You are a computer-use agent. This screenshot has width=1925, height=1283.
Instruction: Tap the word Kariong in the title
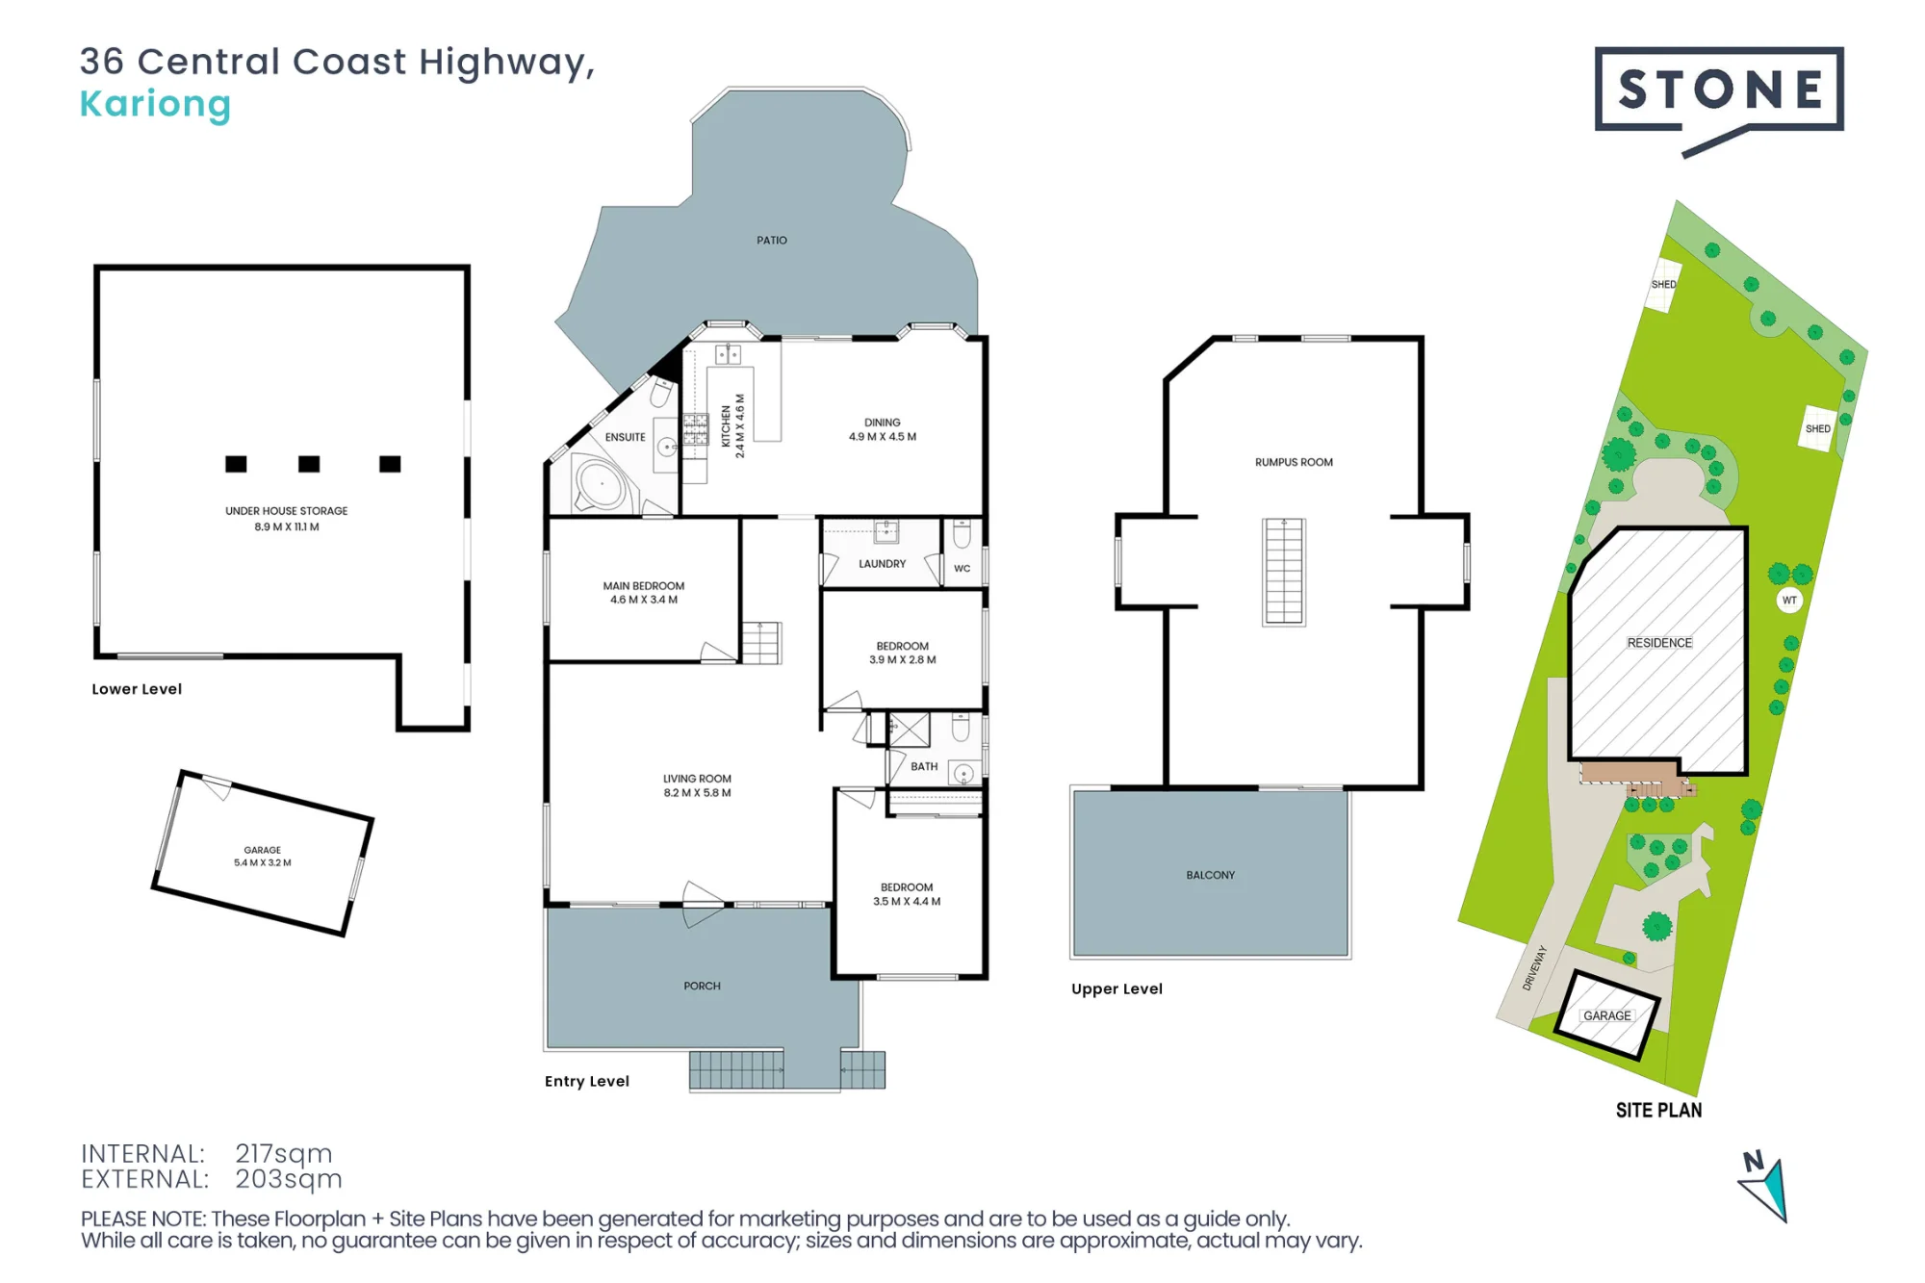pos(155,104)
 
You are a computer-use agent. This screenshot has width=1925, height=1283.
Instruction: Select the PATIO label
pos(771,241)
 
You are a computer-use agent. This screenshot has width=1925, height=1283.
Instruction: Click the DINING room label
pos(882,423)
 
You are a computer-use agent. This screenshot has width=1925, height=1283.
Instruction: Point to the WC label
pos(962,569)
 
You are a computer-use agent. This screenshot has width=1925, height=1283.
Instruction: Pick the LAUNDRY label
pos(882,564)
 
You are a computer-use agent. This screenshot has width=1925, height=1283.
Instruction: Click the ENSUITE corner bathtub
pos(601,482)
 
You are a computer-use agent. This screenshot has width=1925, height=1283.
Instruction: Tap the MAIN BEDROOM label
pos(643,586)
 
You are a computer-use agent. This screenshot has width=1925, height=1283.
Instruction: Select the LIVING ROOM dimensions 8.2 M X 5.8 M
pos(697,793)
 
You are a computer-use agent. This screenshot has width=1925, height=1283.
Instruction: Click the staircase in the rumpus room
pos(1284,572)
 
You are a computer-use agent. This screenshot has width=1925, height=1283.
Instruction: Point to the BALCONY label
pos(1210,875)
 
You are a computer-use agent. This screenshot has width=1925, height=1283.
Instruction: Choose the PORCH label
pos(702,986)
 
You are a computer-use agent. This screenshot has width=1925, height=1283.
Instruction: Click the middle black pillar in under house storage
pos(309,464)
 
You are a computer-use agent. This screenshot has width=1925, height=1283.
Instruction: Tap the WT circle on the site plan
pos(1789,601)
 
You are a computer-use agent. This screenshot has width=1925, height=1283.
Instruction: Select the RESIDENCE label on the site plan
pos(1659,643)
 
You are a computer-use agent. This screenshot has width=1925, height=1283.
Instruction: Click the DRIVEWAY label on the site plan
pos(1534,968)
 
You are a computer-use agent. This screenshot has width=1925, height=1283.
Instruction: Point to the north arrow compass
pos(1764,1187)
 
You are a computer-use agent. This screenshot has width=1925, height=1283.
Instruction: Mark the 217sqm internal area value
pos(284,1153)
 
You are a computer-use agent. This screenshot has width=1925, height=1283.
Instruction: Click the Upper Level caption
pos(1116,989)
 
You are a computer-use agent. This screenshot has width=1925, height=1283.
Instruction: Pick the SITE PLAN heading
pos(1658,1111)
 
